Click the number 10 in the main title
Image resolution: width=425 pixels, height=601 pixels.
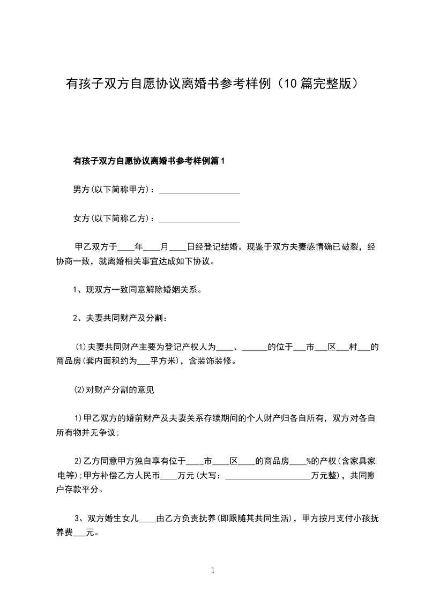290,84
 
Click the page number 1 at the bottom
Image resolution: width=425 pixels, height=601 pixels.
213,570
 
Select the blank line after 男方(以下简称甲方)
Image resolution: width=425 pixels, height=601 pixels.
199,190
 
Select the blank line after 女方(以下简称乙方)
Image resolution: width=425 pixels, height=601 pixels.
199,219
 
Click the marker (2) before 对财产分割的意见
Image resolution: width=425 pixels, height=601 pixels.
79,390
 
